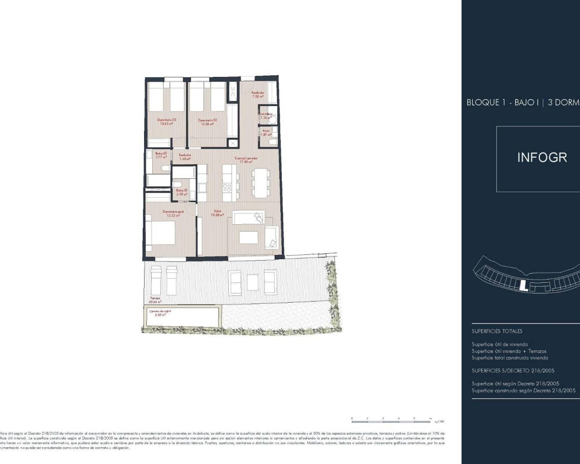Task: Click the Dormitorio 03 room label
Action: [x=166, y=120]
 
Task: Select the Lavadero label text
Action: [x=266, y=114]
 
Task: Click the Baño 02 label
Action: [x=161, y=153]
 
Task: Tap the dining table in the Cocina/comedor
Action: [x=260, y=182]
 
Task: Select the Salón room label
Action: [x=217, y=212]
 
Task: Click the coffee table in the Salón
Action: [x=247, y=237]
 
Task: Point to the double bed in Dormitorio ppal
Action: [x=160, y=232]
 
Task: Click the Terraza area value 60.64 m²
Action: [x=155, y=301]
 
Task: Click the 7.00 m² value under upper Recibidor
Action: [x=258, y=97]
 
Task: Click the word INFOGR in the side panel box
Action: [x=542, y=158]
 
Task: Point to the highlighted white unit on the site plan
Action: [x=523, y=285]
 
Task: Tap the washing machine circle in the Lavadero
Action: [x=273, y=120]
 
